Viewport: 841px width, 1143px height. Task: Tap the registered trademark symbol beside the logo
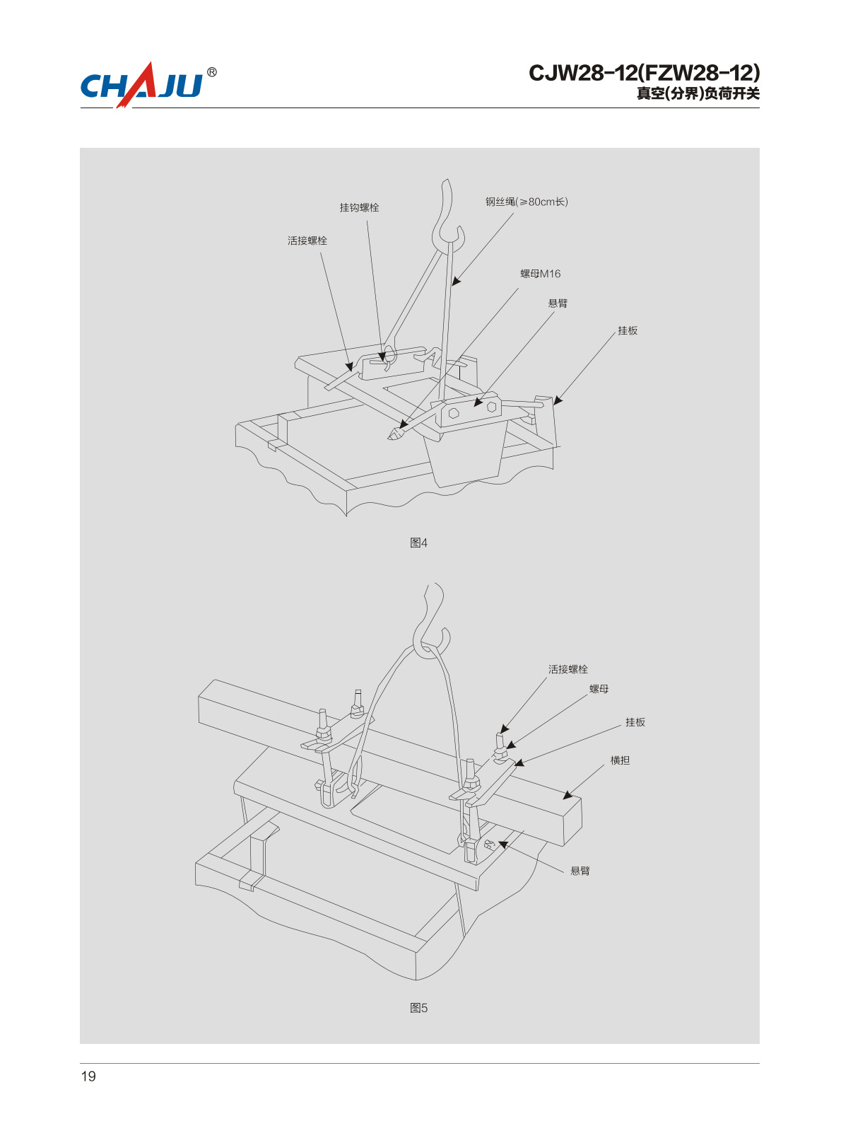(212, 72)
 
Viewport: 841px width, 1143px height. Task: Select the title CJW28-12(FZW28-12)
(645, 73)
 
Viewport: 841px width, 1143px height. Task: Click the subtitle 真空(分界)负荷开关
(698, 94)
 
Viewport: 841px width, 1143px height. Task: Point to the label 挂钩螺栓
(359, 208)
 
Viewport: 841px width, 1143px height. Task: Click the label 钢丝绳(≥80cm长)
(527, 202)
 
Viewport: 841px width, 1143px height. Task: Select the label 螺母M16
(540, 274)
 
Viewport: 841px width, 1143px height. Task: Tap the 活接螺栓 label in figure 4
(307, 241)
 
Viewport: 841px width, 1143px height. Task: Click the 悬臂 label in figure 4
(558, 303)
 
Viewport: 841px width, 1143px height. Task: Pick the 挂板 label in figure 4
(628, 330)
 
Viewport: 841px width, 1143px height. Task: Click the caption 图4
(418, 543)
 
